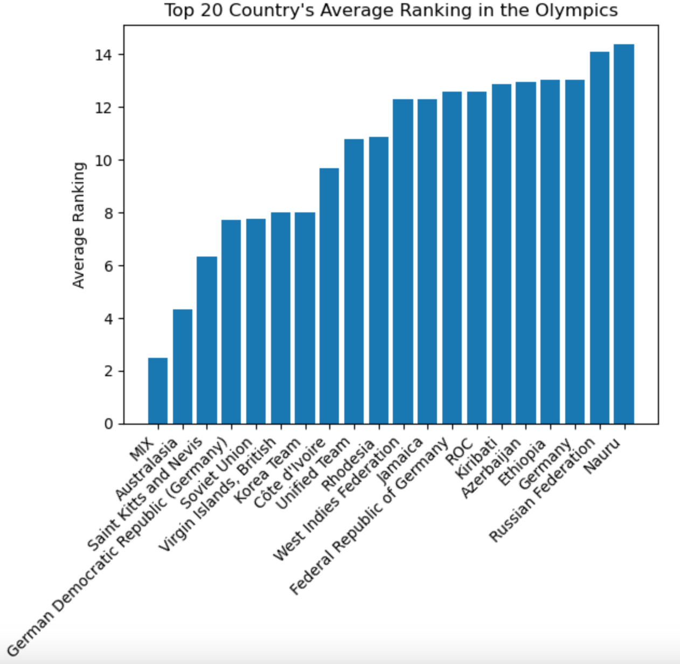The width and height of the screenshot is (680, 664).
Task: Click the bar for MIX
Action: click(158, 391)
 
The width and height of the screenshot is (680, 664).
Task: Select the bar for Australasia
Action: click(183, 366)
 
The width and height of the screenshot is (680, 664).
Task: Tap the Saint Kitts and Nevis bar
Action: click(207, 340)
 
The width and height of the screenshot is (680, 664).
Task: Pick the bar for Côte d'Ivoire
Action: click(329, 296)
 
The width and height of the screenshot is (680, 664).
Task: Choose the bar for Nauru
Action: click(624, 234)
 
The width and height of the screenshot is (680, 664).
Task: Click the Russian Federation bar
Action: click(599, 238)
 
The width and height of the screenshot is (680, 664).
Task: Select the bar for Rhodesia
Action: click(379, 280)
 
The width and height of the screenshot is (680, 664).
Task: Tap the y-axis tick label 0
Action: click(108, 424)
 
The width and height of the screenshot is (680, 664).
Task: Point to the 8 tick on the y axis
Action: click(108, 213)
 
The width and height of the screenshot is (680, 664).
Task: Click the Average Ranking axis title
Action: click(79, 225)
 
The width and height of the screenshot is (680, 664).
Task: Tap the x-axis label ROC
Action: click(459, 453)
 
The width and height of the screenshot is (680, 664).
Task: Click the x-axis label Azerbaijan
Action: click(491, 468)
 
